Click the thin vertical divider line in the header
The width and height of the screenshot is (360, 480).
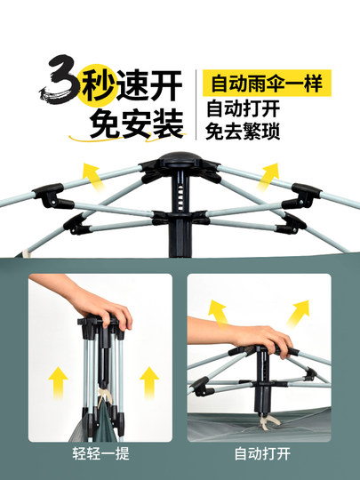pyautogui.click(x=196, y=105)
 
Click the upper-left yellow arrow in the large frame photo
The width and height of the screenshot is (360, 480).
pyautogui.click(x=89, y=174)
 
